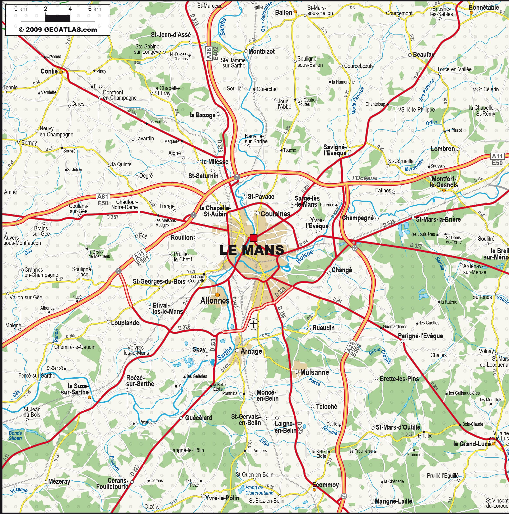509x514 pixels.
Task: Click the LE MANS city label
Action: point(252,250)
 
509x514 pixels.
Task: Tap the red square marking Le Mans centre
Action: point(254,238)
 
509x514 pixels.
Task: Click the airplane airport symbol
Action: point(254,324)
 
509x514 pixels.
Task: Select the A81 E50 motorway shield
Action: point(103,200)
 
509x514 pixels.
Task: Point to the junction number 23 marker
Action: point(354,248)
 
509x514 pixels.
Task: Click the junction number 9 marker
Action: point(119,271)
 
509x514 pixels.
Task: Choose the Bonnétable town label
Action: point(484,8)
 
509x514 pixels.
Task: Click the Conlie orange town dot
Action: point(61,72)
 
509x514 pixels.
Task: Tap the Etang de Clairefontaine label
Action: point(259,490)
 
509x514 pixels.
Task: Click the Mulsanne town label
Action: point(314,372)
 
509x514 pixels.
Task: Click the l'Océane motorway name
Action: point(365,178)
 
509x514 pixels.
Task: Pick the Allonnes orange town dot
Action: point(217,295)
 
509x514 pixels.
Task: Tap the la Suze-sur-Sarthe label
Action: point(75,389)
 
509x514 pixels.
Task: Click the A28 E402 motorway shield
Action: point(212,54)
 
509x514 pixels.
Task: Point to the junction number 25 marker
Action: point(344,496)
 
